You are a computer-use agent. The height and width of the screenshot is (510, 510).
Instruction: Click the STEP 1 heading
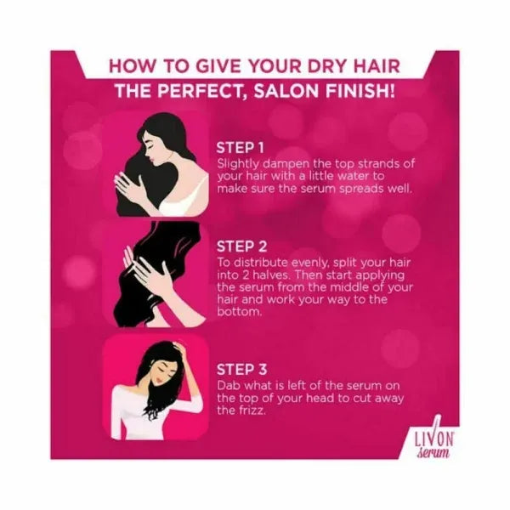[x=240, y=148]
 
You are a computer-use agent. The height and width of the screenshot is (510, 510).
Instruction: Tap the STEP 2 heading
[x=241, y=246]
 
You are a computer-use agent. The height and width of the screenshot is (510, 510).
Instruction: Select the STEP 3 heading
[x=241, y=370]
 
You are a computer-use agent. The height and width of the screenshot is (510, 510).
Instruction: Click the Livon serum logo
[x=433, y=440]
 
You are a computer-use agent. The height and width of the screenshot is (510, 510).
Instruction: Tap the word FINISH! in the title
[x=360, y=91]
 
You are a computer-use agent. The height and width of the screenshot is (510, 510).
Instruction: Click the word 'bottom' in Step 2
[x=239, y=312]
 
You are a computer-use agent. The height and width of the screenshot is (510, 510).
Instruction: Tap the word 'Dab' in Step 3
[x=229, y=386]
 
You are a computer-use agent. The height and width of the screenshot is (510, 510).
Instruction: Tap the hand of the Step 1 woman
[x=128, y=186]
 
